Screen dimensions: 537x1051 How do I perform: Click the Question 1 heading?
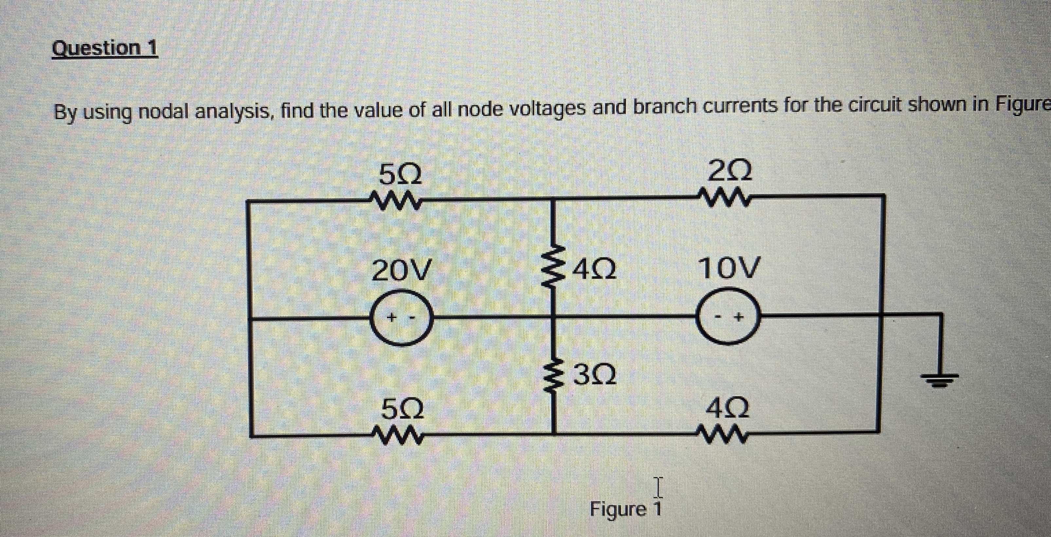tap(105, 48)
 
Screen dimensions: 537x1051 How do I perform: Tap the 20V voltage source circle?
tap(401, 317)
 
